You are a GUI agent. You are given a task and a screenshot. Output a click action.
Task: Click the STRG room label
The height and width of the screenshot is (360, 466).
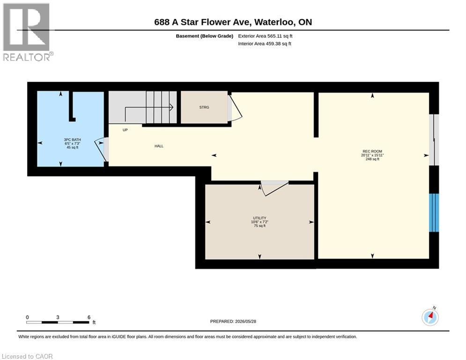(x=204, y=107)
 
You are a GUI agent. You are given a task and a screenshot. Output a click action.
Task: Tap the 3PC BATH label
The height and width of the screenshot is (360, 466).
(x=72, y=140)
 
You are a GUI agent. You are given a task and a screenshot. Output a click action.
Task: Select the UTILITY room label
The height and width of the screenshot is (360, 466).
(x=260, y=218)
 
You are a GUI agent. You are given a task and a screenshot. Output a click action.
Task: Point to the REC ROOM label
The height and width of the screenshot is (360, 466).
(x=372, y=151)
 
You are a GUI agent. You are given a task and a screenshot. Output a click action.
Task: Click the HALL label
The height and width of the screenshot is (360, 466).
(x=159, y=146)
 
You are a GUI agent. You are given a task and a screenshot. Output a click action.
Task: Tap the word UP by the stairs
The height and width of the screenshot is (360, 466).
(x=125, y=130)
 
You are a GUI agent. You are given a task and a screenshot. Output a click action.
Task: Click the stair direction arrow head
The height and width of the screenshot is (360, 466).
(x=171, y=107)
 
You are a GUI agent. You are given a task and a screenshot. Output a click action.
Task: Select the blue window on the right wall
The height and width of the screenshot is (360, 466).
(x=434, y=213)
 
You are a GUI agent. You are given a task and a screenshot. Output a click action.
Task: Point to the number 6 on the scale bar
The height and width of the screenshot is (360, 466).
(x=89, y=317)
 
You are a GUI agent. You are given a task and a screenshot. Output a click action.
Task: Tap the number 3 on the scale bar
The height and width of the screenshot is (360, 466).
(x=58, y=317)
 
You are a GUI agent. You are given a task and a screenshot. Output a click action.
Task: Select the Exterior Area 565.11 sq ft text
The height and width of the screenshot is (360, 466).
(x=265, y=36)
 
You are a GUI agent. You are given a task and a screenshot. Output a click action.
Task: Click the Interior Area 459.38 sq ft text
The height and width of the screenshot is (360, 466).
(x=265, y=44)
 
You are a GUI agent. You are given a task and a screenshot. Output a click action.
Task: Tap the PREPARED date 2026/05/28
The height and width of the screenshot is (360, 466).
(x=245, y=321)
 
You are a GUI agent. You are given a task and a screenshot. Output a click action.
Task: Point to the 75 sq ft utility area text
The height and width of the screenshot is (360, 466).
(x=260, y=226)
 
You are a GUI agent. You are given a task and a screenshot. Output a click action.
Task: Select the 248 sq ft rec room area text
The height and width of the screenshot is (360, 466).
(x=372, y=159)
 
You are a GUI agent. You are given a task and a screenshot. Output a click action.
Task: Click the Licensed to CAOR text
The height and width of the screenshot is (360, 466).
(x=27, y=356)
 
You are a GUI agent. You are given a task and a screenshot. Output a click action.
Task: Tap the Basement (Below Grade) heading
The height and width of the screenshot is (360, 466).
(x=205, y=36)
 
